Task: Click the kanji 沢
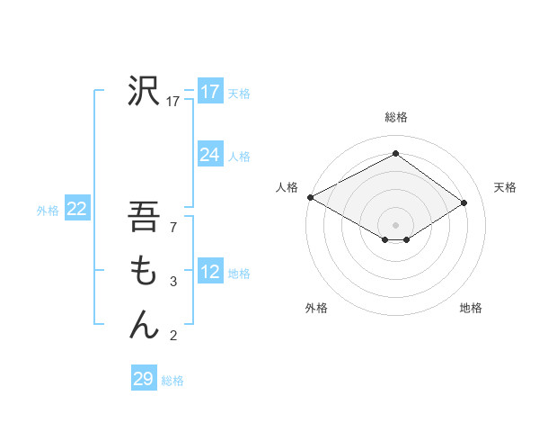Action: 144,90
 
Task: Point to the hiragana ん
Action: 144,323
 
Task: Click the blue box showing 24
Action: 209,155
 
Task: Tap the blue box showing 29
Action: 144,379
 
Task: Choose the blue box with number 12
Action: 209,273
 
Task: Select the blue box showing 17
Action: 209,92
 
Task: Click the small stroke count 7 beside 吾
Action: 173,229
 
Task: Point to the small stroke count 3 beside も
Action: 173,283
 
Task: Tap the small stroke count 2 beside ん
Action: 173,337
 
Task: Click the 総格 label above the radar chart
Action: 395,117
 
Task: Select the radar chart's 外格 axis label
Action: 316,308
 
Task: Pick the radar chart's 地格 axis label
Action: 471,308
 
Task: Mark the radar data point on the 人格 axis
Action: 310,197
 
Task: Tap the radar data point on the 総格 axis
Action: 395,154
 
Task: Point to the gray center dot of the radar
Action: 395,224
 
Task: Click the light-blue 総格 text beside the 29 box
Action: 172,381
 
